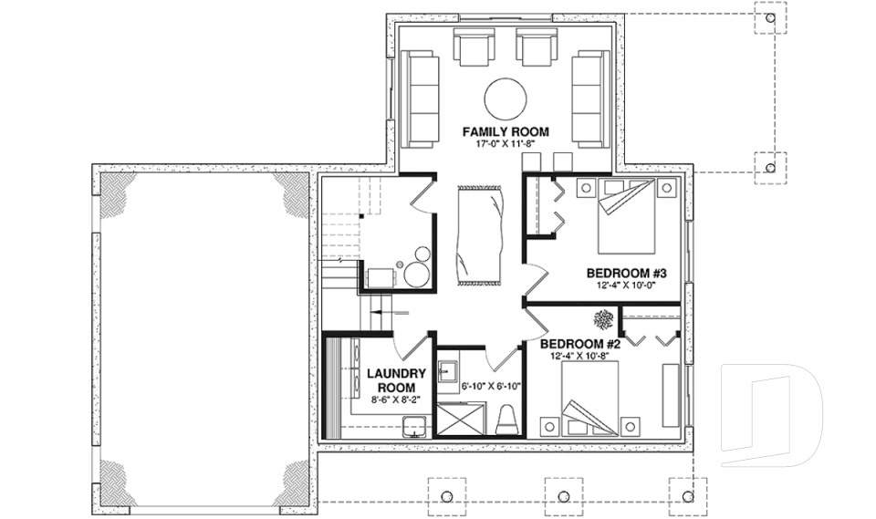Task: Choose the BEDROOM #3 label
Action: pos(628,273)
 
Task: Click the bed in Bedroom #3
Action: pos(627,218)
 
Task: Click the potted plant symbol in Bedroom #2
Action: pos(603,320)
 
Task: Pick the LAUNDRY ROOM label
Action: pos(397,379)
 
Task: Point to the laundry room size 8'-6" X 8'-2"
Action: pos(397,400)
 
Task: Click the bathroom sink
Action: pos(447,372)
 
